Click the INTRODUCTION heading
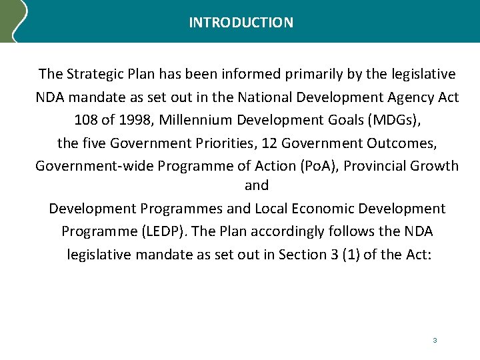(x=241, y=23)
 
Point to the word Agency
(x=411, y=97)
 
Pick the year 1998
(x=135, y=120)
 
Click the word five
(x=93, y=143)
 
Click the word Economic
(x=322, y=209)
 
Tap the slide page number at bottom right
(x=435, y=341)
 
